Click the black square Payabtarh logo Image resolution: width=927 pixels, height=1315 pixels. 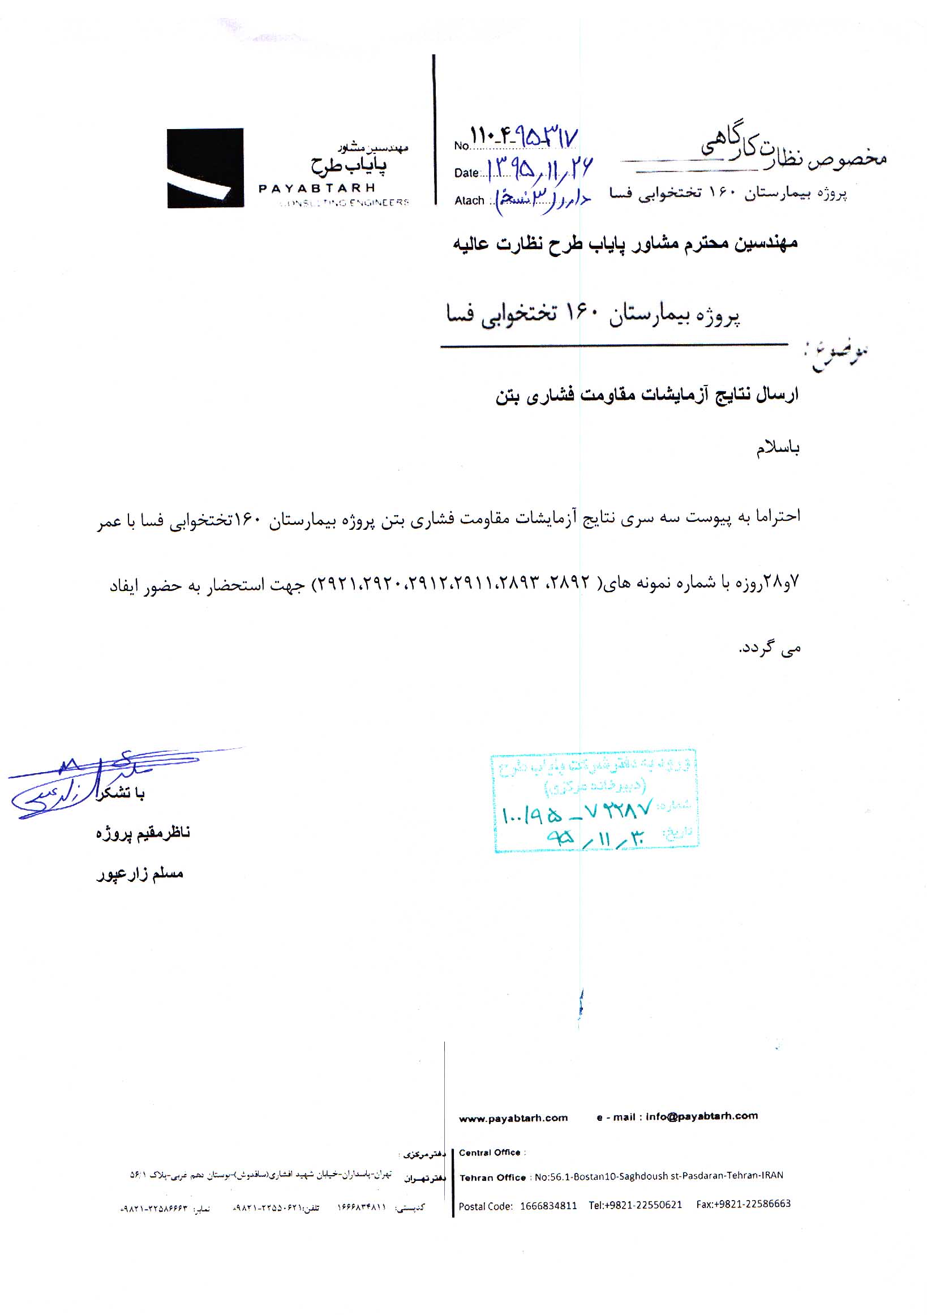[205, 168]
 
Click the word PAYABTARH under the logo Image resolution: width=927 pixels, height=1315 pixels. [316, 188]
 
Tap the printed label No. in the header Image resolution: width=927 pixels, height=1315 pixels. [461, 145]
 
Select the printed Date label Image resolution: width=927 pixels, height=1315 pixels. [466, 173]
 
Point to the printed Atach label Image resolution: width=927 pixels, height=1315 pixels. [470, 200]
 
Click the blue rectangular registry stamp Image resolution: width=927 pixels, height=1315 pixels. [595, 800]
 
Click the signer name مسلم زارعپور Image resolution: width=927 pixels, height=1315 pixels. [140, 874]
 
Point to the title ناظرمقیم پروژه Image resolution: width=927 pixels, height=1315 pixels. [143, 833]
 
